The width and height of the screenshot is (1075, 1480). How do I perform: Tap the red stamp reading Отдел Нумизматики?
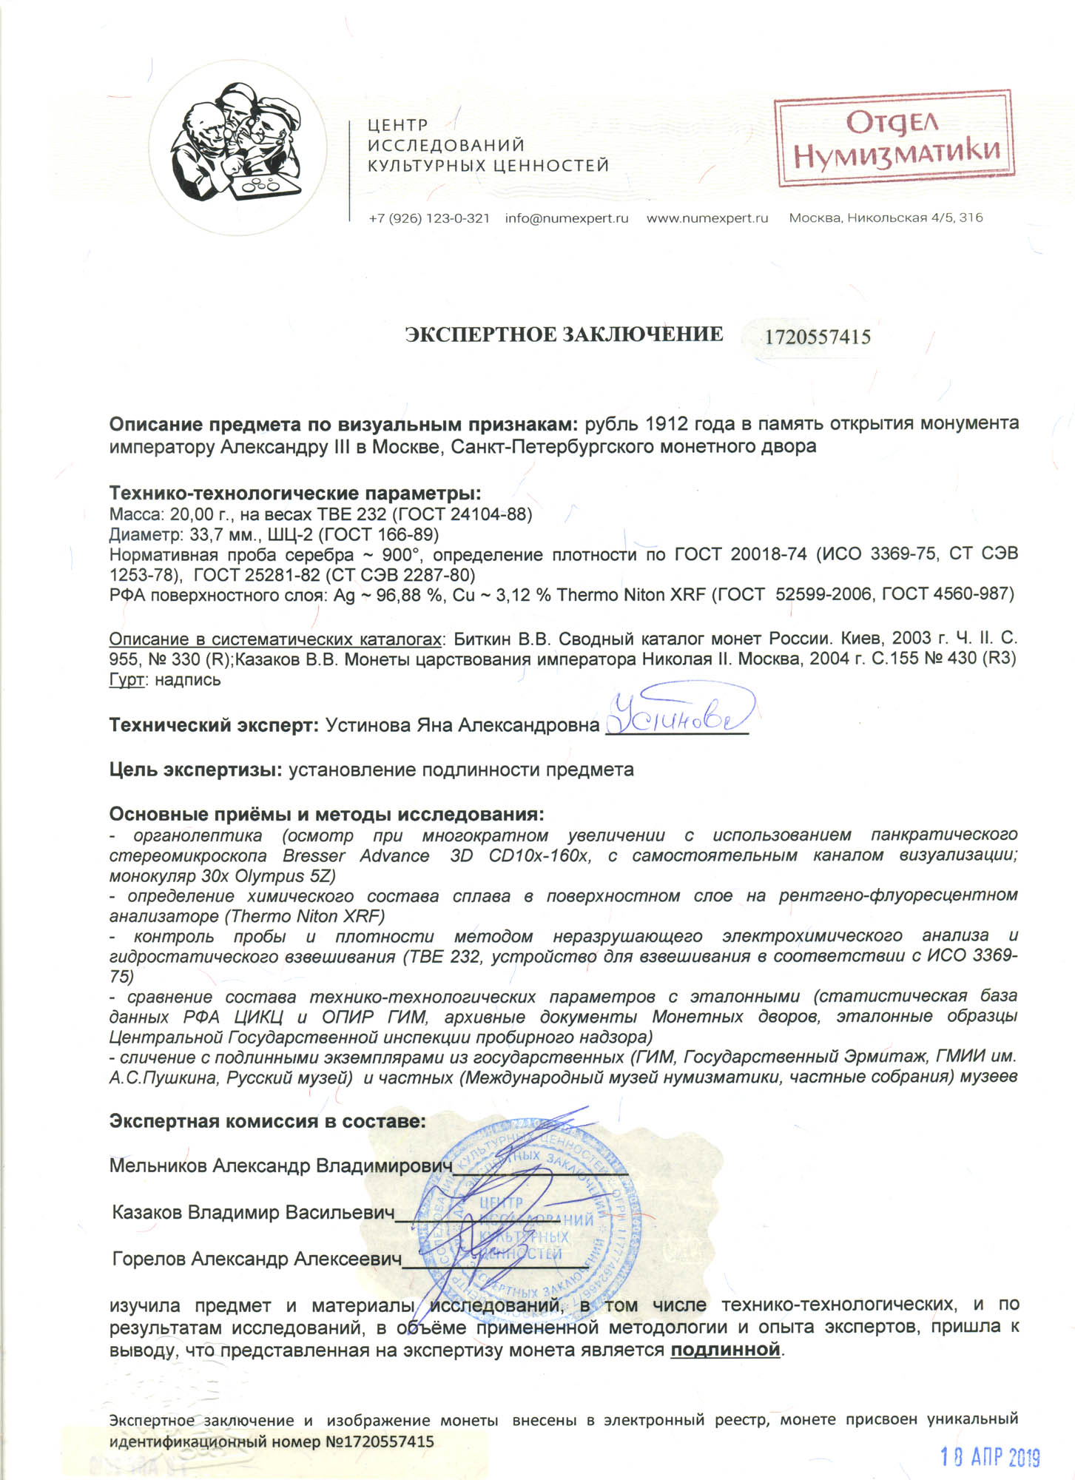893,141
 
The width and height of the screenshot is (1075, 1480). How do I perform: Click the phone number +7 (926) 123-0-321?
429,218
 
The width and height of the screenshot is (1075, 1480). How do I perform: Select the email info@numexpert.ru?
567,218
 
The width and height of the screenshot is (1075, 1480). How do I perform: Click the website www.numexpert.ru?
707,218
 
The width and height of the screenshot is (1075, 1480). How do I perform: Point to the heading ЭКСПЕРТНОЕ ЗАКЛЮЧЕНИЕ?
564,334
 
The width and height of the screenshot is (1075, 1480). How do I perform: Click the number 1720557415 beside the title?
817,337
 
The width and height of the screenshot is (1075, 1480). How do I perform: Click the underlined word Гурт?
126,679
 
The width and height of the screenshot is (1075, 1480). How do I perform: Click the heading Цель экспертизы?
195,770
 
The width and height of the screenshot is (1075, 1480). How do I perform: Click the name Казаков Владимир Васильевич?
253,1213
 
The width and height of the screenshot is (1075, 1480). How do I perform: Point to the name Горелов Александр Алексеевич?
257,1259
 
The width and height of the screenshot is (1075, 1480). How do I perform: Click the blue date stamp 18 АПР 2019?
990,1457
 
